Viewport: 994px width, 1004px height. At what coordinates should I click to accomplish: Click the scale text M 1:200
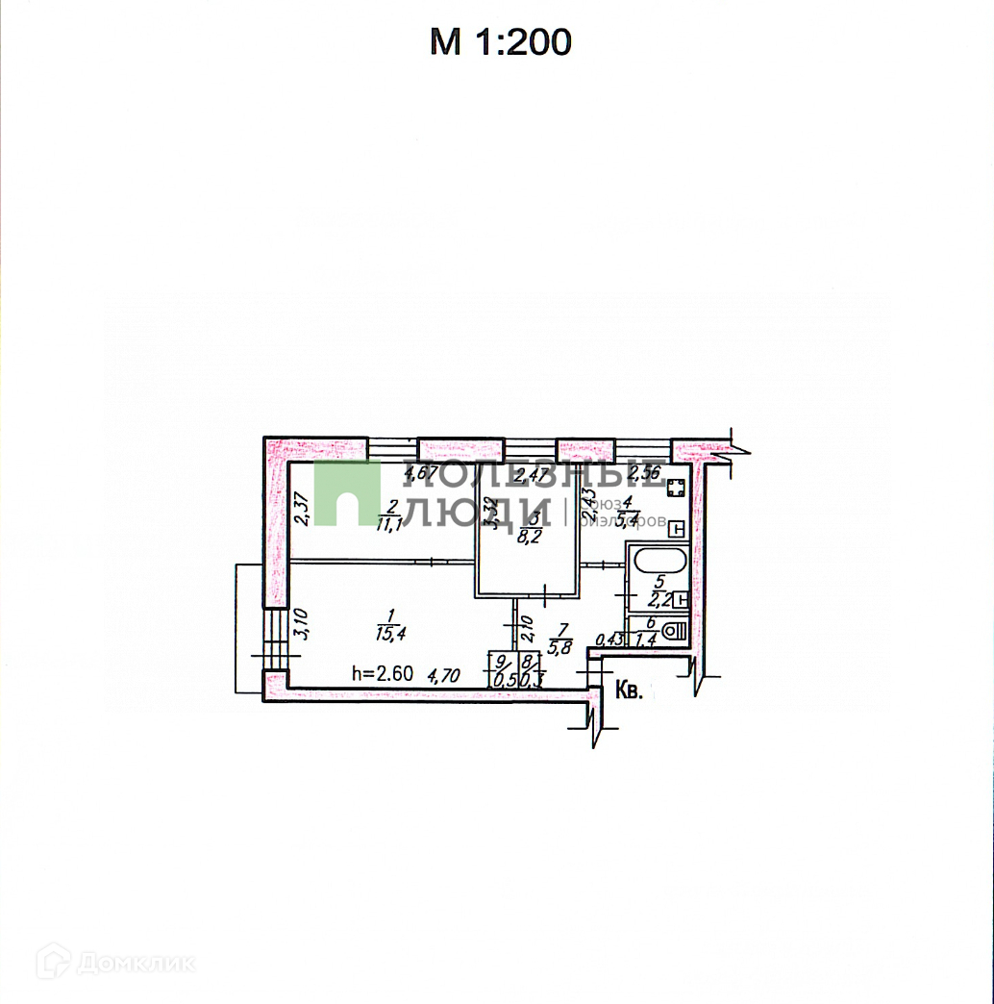tap(500, 42)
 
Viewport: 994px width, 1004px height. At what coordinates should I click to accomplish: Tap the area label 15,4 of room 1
tap(389, 633)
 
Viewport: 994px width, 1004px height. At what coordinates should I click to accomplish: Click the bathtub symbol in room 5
tap(656, 560)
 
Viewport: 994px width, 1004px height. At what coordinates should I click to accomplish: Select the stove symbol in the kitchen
tap(675, 488)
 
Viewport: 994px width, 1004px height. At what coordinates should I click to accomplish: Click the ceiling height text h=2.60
tap(383, 673)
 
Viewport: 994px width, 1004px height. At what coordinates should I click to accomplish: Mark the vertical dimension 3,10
tap(301, 625)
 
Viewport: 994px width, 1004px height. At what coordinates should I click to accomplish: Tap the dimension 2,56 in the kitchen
tap(645, 474)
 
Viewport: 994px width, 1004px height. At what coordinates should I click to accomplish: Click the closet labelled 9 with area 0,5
tap(500, 669)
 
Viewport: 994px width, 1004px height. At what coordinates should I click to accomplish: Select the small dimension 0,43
tap(609, 639)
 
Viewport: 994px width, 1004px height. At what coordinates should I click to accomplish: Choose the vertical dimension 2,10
tap(526, 632)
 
